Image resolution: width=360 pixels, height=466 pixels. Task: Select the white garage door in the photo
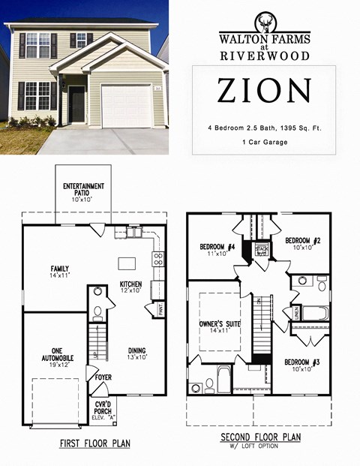(126, 106)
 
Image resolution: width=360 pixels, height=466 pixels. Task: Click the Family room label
(60, 272)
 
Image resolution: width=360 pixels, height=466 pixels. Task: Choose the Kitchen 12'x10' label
(130, 287)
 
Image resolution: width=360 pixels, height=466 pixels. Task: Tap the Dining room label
(136, 353)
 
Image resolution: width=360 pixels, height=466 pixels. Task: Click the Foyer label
(103, 388)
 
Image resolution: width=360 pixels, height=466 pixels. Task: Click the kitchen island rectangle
(124, 264)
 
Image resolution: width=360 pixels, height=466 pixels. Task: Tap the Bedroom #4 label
(217, 251)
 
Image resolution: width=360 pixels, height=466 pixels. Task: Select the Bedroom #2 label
(303, 243)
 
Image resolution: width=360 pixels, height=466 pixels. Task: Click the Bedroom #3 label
(302, 365)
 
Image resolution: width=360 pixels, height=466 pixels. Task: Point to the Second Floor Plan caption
(261, 437)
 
